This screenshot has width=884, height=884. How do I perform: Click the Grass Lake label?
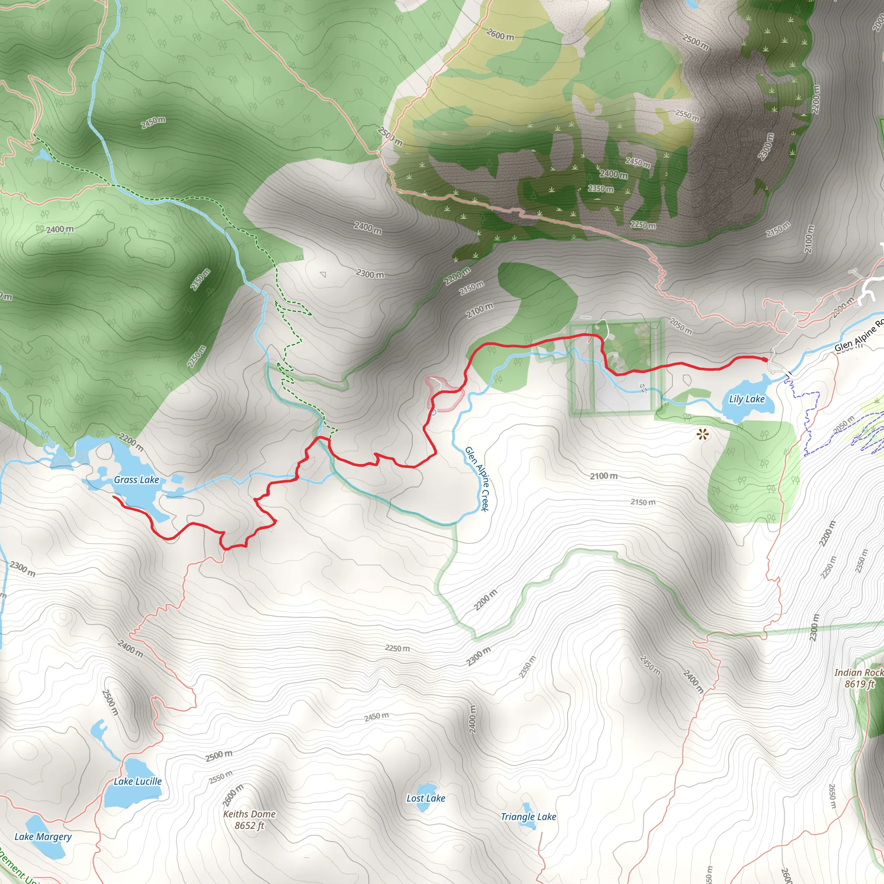[136, 480]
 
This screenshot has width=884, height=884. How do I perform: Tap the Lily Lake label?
[746, 399]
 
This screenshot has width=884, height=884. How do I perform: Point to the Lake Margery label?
[43, 837]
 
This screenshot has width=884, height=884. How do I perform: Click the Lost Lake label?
[426, 798]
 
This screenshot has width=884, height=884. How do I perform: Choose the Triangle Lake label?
[528, 817]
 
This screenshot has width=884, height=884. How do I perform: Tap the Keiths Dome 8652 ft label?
[249, 820]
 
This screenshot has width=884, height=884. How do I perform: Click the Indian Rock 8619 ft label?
[859, 678]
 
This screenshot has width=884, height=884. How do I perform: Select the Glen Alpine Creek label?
[477, 479]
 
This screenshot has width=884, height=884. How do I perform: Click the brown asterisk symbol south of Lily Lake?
[703, 434]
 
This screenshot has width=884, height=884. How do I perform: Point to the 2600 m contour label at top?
[500, 35]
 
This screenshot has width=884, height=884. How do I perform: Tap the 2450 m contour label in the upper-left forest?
[153, 122]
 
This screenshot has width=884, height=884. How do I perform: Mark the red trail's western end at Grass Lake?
[114, 496]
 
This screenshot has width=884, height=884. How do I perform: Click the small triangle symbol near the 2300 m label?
[323, 275]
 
